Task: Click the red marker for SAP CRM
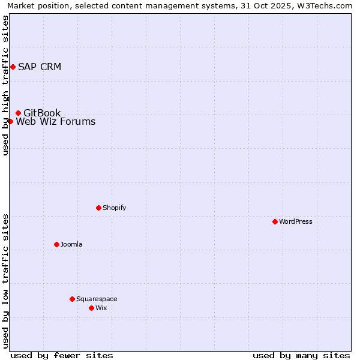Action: [x=13, y=67]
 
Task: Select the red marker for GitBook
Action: [x=18, y=113]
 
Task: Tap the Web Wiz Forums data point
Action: [x=10, y=121]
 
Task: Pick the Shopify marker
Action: [x=98, y=208]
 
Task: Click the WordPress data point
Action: [x=275, y=221]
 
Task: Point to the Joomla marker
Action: [x=56, y=244]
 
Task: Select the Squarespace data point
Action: [x=72, y=299]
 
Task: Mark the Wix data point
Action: [x=91, y=308]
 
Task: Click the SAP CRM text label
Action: [x=40, y=67]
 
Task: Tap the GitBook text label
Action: [x=42, y=113]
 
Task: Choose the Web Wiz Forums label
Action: [x=55, y=122]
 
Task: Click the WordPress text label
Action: [x=296, y=221]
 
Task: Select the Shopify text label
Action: [x=115, y=208]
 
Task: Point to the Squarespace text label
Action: [x=97, y=299]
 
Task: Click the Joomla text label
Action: [x=71, y=244]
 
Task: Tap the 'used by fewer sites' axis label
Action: [x=62, y=355]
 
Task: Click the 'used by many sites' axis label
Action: [x=301, y=355]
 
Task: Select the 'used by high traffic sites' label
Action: [x=6, y=85]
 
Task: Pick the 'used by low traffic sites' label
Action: [x=6, y=280]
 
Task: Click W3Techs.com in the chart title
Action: [x=324, y=5]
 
